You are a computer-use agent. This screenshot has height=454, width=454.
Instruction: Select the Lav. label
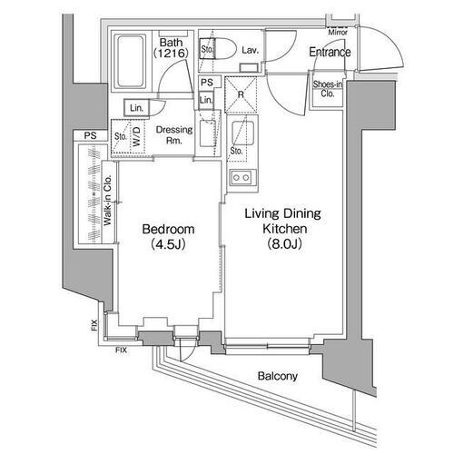click(252, 51)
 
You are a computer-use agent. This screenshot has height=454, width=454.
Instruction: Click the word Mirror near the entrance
click(339, 32)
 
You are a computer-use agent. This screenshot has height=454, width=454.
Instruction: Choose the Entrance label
click(329, 53)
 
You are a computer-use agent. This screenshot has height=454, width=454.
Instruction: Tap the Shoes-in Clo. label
click(327, 88)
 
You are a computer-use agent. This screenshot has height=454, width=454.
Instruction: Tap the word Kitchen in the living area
click(281, 227)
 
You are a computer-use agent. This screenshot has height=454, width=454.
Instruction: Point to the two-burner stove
click(242, 176)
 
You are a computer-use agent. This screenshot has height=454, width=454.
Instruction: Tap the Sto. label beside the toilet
click(206, 48)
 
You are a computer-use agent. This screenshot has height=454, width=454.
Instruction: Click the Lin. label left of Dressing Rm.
click(136, 108)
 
